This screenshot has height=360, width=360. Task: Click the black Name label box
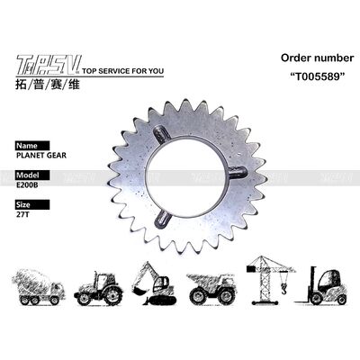coord(30,144)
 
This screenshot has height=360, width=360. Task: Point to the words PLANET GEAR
coord(40,155)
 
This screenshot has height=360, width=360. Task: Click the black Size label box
coord(27,205)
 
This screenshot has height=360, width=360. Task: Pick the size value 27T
coord(22,216)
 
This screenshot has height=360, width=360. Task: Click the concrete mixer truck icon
coord(38,287)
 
